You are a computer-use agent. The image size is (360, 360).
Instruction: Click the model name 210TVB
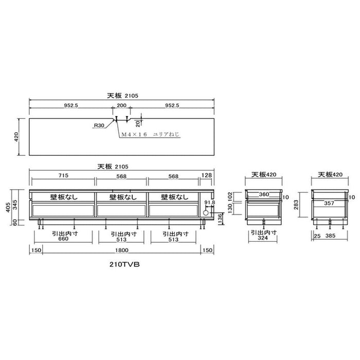point(124,264)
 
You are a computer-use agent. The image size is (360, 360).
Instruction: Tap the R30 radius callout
point(99,125)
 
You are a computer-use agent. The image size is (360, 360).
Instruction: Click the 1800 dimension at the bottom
point(122,250)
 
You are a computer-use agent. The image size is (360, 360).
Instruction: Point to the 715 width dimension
point(63,175)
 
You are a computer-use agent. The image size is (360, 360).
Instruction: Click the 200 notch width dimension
point(121,105)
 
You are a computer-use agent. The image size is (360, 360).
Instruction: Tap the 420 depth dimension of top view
point(16,137)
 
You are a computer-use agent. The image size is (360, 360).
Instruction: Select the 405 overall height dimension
point(8,207)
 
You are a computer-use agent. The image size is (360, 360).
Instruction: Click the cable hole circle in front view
point(206,213)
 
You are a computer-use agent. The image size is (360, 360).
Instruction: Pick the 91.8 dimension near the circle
point(210,203)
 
